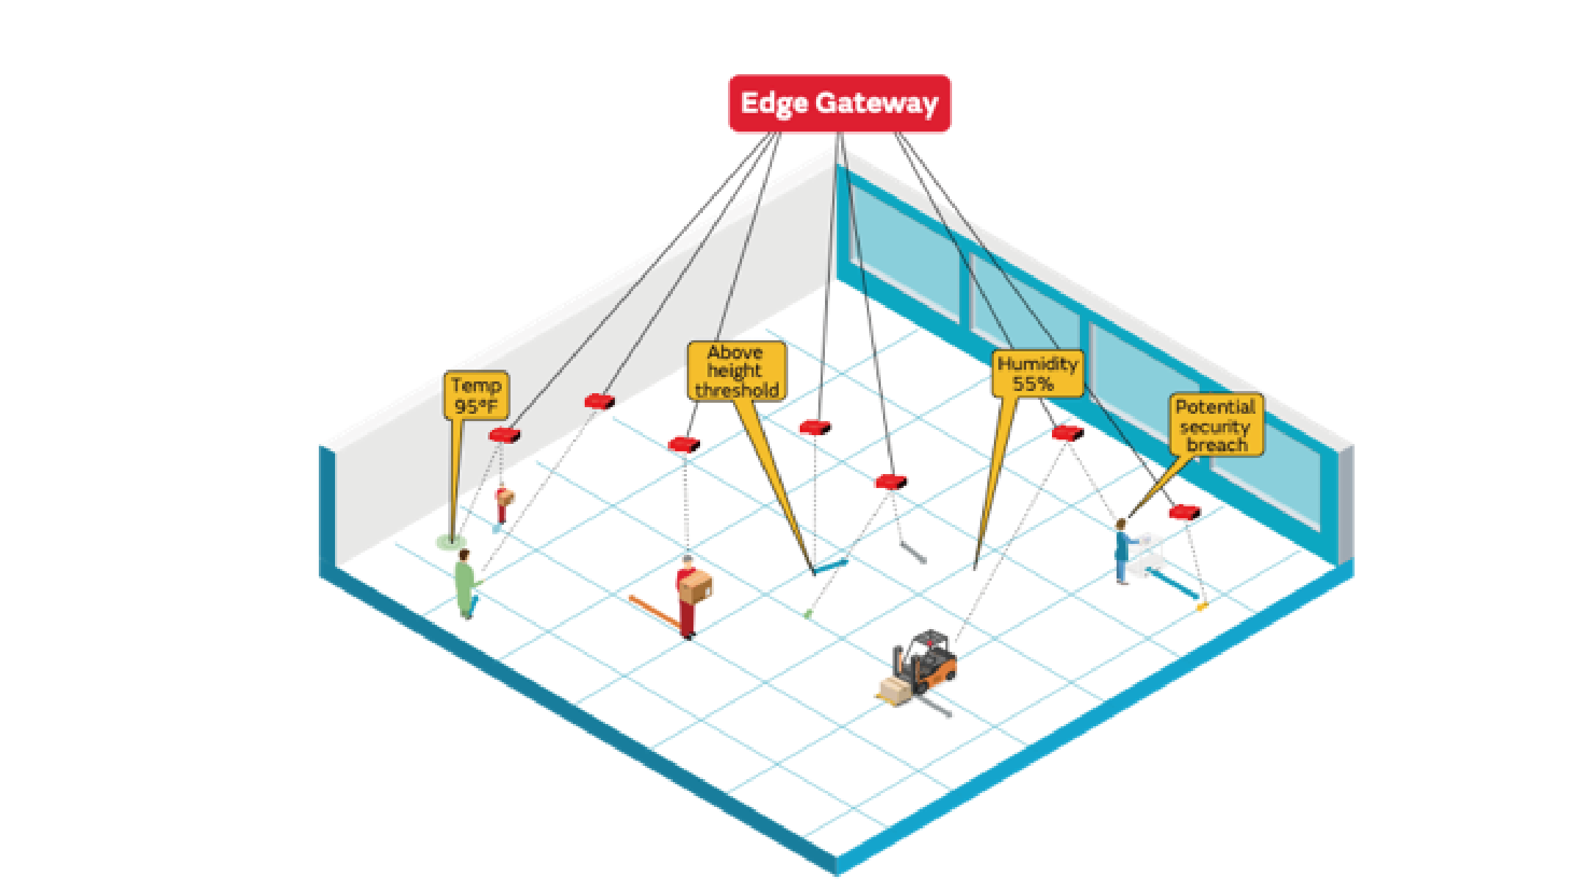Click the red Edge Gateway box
pos(839,104)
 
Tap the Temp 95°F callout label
pos(476,395)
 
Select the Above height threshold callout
pos(735,371)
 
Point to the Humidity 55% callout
pos(1037,373)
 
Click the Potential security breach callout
pos(1216,425)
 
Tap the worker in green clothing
pos(464,584)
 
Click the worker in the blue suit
pos(1122,552)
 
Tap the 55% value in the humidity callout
pos(1033,384)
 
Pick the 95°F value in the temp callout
pos(476,406)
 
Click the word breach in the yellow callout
pos(1216,445)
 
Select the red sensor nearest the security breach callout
pos(1184,512)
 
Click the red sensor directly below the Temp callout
pos(505,435)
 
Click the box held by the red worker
pos(696,587)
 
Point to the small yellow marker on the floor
pos(1202,606)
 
